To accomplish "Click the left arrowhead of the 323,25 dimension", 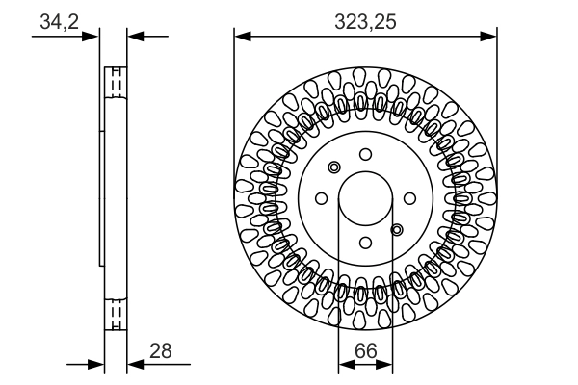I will point(241,38).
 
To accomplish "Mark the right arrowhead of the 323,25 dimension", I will point(491,38).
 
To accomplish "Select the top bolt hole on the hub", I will point(365,154).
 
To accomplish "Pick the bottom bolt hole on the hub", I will point(365,243).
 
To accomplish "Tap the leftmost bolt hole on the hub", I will point(321,198).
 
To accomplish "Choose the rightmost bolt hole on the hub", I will point(409,198).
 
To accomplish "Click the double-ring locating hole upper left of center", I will point(334,167).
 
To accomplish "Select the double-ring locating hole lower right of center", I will point(396,229).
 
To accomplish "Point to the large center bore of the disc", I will point(365,198).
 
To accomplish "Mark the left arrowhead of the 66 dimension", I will point(344,365).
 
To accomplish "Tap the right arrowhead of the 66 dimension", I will point(386,365).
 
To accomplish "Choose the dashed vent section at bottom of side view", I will point(115,314).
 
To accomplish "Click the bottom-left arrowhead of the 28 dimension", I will point(96,365).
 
